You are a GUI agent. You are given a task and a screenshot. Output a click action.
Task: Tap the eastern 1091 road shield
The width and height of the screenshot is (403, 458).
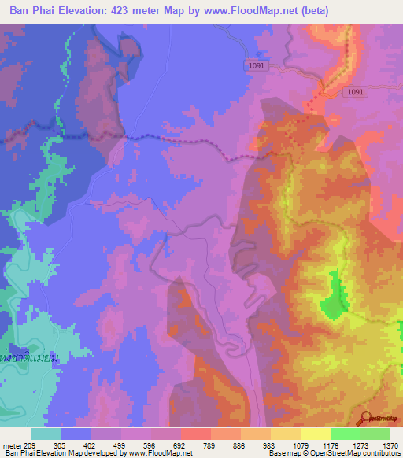[x=356, y=92]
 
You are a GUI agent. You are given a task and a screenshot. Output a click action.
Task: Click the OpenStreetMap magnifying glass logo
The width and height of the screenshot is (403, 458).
[x=366, y=419]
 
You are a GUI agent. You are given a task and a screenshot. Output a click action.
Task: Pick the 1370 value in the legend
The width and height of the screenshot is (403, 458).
[x=391, y=445]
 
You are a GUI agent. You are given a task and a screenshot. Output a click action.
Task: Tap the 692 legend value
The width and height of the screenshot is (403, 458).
[x=180, y=445]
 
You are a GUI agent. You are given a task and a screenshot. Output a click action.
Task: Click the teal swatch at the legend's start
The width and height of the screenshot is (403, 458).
[x=46, y=434]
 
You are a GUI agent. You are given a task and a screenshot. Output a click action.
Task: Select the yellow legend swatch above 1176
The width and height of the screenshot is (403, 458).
[x=315, y=434]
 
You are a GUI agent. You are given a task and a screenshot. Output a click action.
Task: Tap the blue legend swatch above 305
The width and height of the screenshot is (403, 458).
[x=76, y=434]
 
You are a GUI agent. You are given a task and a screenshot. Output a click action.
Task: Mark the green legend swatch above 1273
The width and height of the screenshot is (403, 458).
[x=345, y=434]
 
